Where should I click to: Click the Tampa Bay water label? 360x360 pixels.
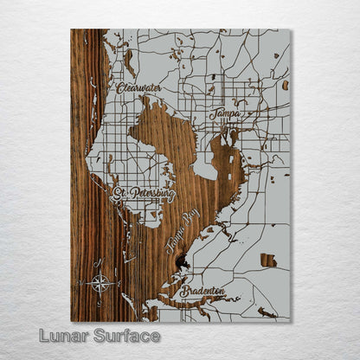182,233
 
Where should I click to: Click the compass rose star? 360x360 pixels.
101,281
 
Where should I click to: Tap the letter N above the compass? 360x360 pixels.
101,263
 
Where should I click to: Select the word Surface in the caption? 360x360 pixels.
126,336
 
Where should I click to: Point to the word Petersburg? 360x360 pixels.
152,196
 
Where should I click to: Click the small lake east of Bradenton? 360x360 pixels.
268,260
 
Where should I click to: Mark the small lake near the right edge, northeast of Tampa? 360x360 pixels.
285,85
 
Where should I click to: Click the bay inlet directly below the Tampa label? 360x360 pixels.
232,136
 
